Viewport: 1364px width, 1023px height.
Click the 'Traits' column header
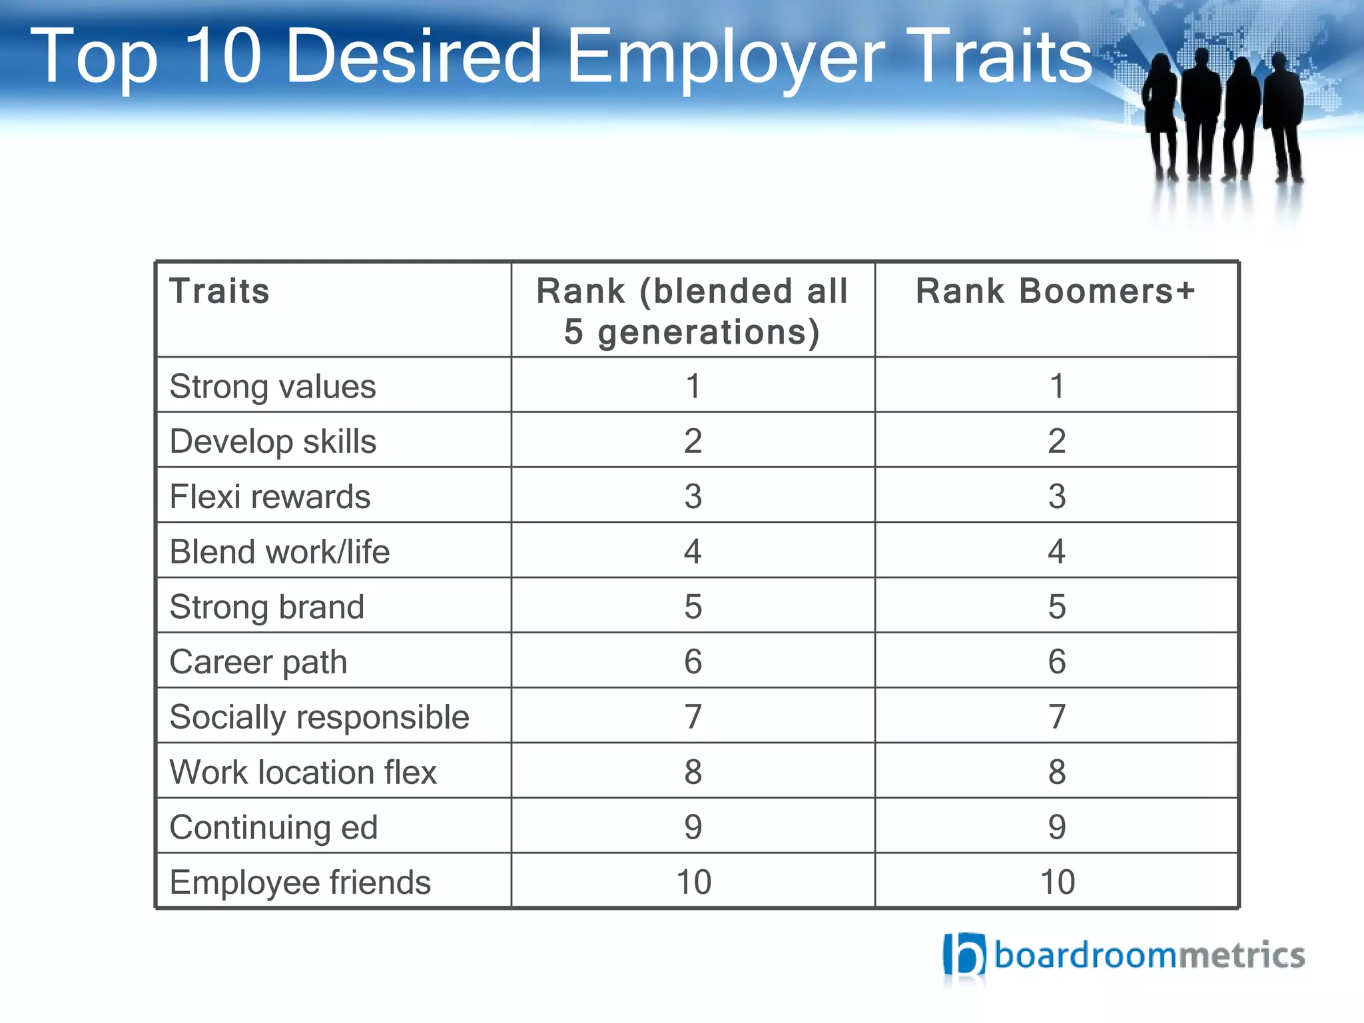[x=220, y=292]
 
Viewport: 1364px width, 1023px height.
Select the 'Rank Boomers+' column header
[x=1056, y=292]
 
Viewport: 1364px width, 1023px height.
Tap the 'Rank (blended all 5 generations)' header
[x=693, y=312]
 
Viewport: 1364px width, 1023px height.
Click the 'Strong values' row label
[x=272, y=386]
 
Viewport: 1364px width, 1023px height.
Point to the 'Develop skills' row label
[x=272, y=442]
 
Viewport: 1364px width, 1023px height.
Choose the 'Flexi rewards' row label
[x=270, y=497]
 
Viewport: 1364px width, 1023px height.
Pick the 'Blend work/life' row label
[x=279, y=552]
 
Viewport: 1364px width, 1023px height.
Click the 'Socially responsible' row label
[x=319, y=717]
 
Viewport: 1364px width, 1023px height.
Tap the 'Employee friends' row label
[x=300, y=882]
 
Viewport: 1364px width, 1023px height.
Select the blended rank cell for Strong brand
[x=693, y=607]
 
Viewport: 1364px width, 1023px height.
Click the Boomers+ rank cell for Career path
[x=1056, y=662]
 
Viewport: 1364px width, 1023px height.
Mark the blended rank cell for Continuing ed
[x=693, y=827]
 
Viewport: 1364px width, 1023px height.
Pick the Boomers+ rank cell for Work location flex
[x=1056, y=772]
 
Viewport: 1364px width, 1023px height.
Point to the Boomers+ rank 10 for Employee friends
[x=1057, y=882]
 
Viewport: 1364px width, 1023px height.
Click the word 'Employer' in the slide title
[x=726, y=59]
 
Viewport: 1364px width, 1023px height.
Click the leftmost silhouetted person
[x=1161, y=113]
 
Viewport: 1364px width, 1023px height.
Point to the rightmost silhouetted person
[x=1283, y=113]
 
